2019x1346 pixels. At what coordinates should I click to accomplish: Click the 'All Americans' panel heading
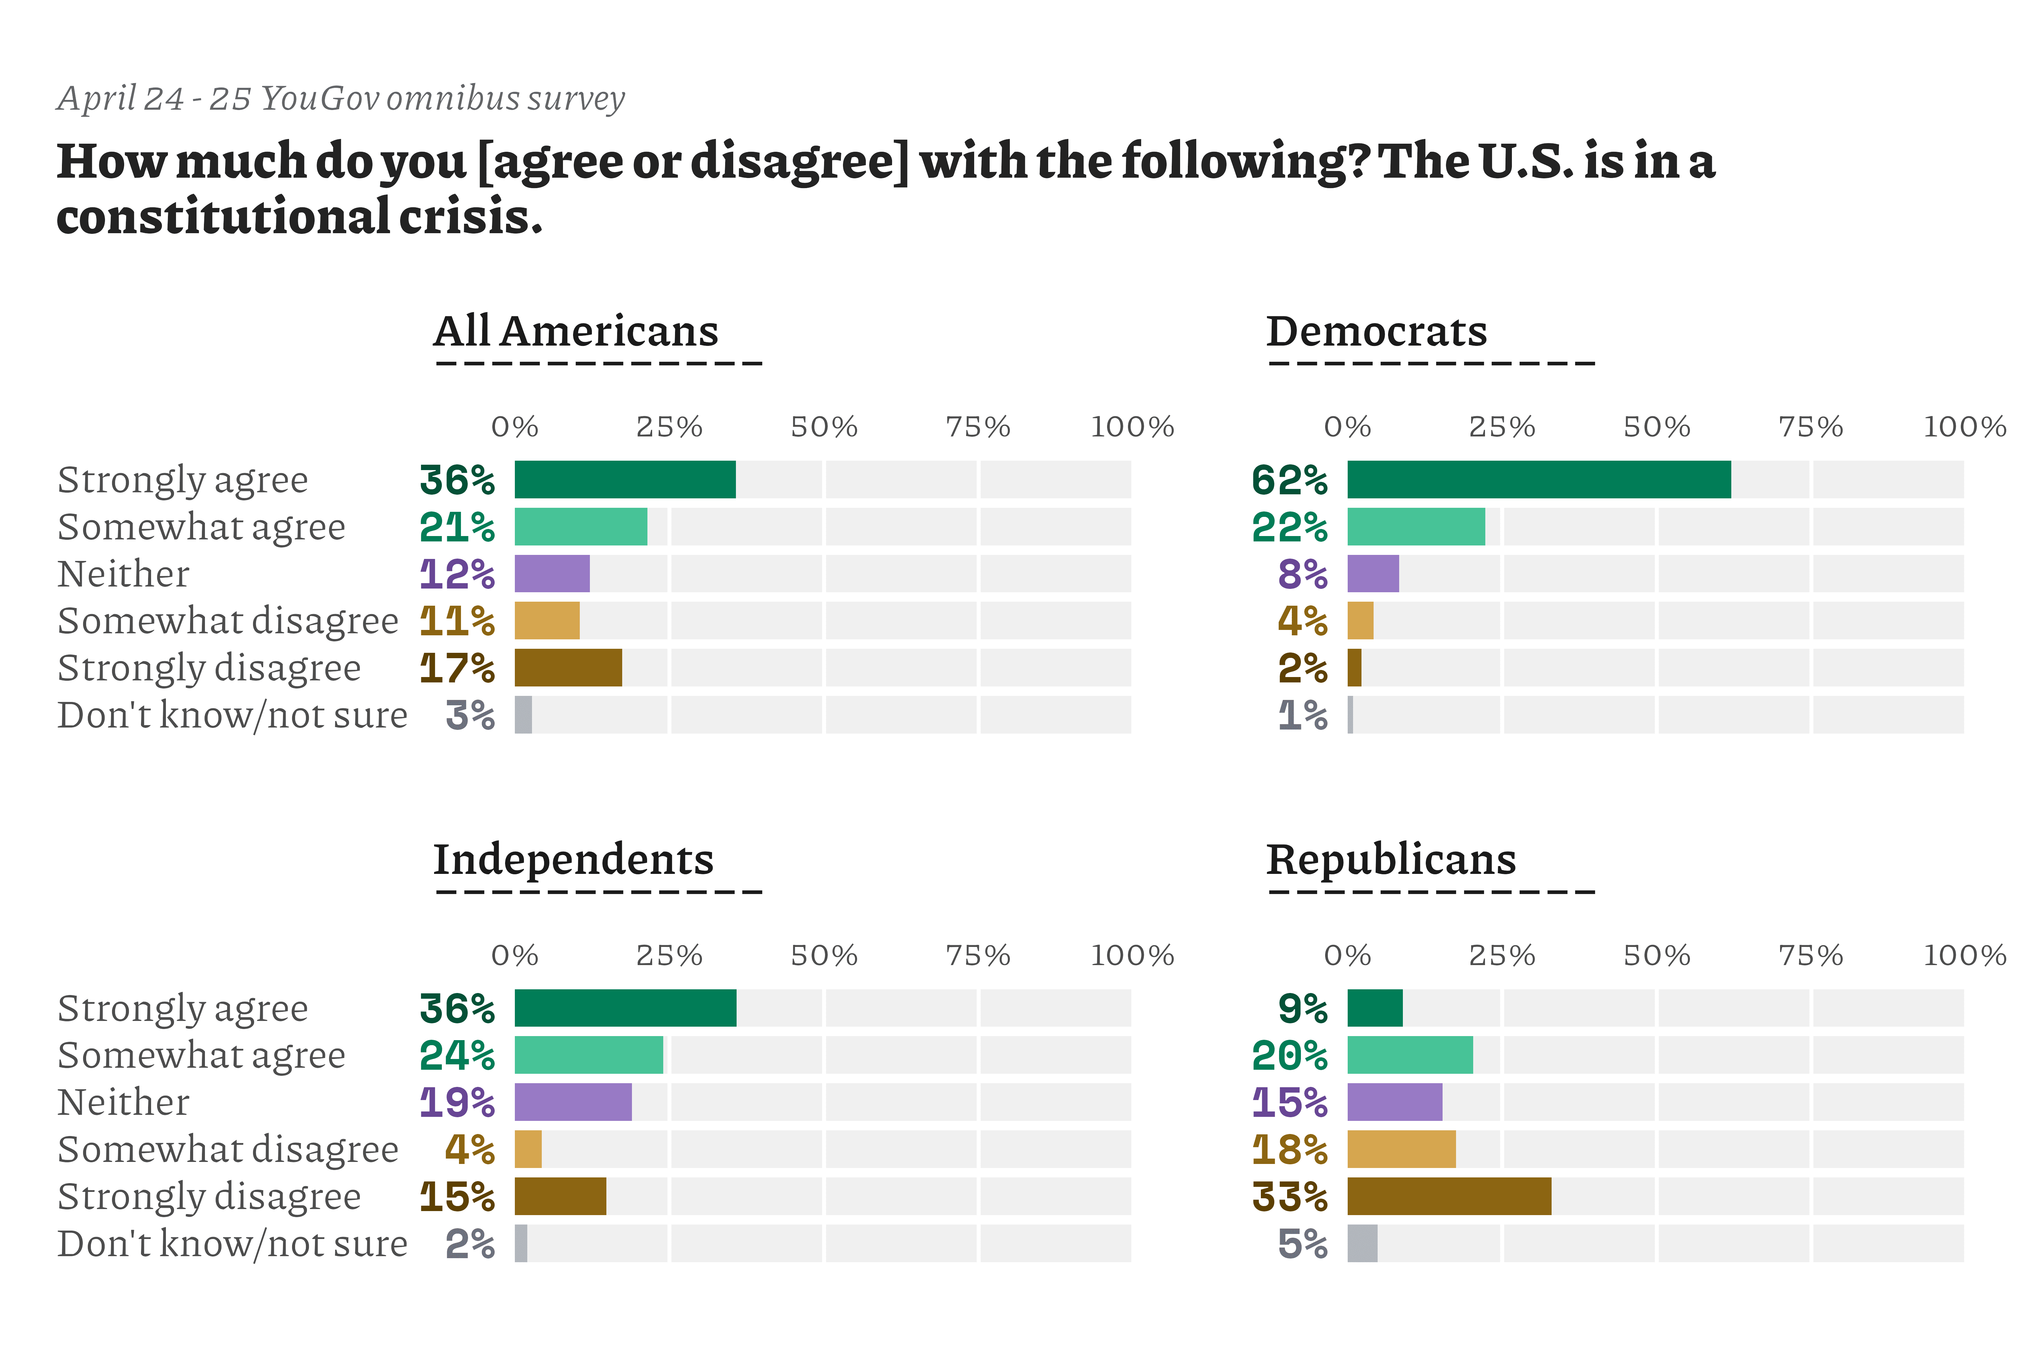pyautogui.click(x=575, y=331)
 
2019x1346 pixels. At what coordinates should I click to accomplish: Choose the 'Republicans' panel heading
pyautogui.click(x=1391, y=859)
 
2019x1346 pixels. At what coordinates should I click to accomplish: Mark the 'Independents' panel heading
pyautogui.click(x=573, y=859)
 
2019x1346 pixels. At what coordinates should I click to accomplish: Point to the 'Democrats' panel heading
pyautogui.click(x=1376, y=331)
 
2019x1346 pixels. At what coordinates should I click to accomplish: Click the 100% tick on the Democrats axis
pyautogui.click(x=1964, y=427)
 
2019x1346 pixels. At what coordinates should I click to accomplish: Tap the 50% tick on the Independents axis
pyautogui.click(x=824, y=955)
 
